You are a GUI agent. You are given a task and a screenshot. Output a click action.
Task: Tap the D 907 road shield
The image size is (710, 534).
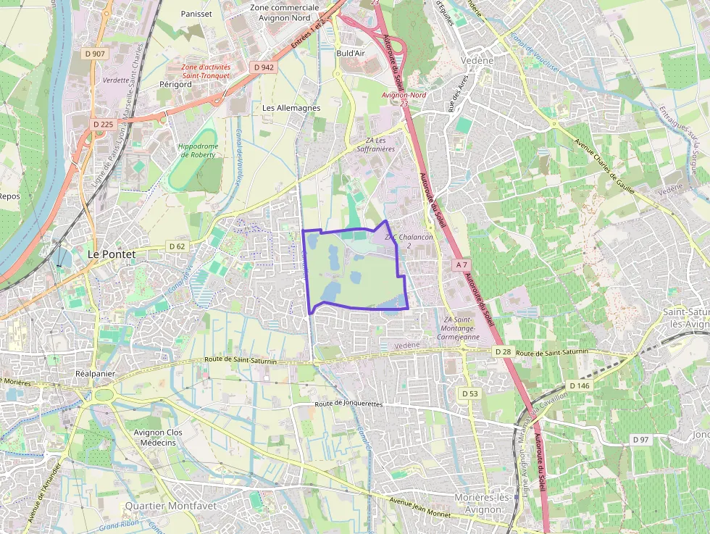pos(94,54)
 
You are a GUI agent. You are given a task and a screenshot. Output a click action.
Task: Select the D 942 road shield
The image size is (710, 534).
pos(264,67)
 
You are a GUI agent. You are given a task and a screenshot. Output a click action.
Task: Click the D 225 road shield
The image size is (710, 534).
pos(104,125)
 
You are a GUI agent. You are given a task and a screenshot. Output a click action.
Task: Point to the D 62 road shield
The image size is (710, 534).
pos(177,246)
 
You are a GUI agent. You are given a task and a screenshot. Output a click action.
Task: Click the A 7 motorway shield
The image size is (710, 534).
pos(462,265)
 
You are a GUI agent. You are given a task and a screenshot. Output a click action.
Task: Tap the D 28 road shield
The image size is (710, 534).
pos(504,351)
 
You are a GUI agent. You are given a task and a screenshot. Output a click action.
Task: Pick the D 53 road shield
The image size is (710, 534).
pos(470,393)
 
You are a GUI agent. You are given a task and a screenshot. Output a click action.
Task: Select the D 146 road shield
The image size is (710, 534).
pos(580,385)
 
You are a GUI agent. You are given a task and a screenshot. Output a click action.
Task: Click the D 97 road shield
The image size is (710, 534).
pos(640,440)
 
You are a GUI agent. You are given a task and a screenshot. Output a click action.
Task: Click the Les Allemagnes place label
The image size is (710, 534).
pos(291,108)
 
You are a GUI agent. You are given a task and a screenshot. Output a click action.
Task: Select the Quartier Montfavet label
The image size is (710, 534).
pos(170,505)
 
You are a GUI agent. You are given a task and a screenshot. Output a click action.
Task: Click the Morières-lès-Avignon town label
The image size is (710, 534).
pos(477,504)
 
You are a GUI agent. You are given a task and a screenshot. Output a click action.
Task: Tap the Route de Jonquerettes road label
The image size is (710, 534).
pos(348,404)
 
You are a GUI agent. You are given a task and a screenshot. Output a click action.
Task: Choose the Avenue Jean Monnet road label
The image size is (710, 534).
pos(419,507)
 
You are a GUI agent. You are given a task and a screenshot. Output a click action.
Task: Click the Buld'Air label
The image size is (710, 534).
pos(351,53)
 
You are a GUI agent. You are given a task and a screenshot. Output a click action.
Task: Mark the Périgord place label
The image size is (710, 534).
pos(175,84)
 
